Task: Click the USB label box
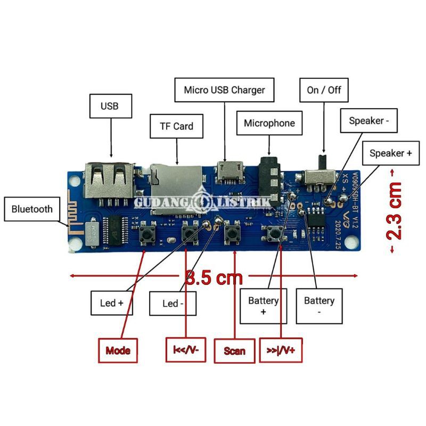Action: pyautogui.click(x=109, y=106)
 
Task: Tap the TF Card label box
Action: pyautogui.click(x=176, y=127)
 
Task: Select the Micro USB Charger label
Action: pyautogui.click(x=224, y=90)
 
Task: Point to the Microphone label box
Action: pyautogui.click(x=269, y=123)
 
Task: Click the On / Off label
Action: pyautogui.click(x=324, y=90)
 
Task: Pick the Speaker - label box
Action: pyautogui.click(x=369, y=121)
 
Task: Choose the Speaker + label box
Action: pyautogui.click(x=390, y=153)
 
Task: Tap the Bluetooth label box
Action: pyautogui.click(x=32, y=209)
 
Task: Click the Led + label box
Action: pyautogui.click(x=112, y=303)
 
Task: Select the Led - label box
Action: pyautogui.click(x=173, y=304)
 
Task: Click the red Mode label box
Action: pyautogui.click(x=118, y=350)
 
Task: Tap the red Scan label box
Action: pyautogui.click(x=234, y=350)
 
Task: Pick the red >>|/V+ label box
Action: pyautogui.click(x=281, y=350)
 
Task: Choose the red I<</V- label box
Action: pyautogui.click(x=185, y=350)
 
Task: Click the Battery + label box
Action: pyautogui.click(x=264, y=306)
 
